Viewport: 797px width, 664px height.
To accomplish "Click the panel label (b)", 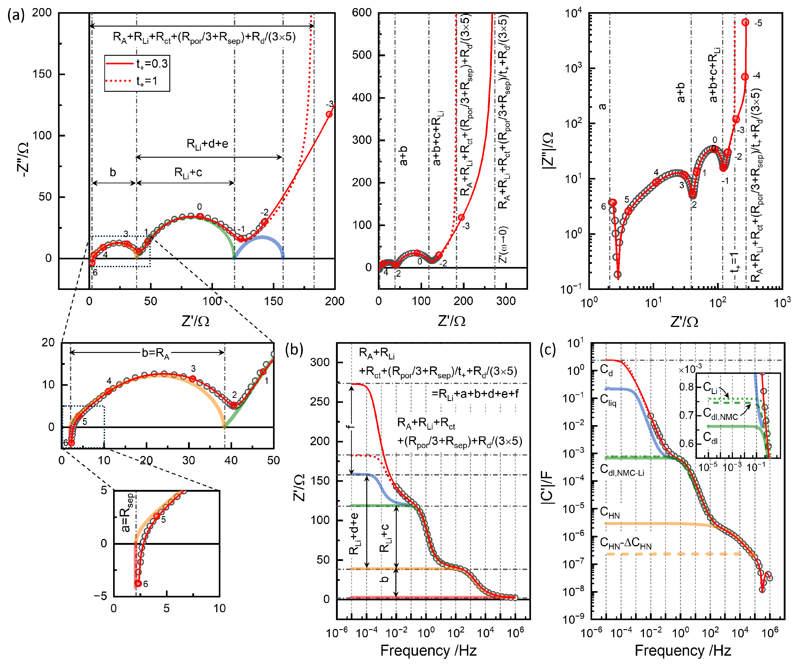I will [x=294, y=349].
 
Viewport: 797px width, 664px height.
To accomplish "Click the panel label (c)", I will [x=548, y=349].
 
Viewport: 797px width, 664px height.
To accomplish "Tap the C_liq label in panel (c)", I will [x=608, y=399].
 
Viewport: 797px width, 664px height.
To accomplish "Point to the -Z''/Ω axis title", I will [x=23, y=159].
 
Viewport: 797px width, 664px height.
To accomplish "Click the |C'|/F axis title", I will [x=548, y=486].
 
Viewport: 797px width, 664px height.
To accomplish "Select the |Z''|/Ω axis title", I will [x=548, y=150].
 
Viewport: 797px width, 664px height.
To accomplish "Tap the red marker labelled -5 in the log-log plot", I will [x=745, y=22].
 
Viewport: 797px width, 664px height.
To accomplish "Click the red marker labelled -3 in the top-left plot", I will [x=329, y=114].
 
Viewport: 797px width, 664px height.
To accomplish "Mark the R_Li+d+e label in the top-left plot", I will [x=207, y=144].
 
